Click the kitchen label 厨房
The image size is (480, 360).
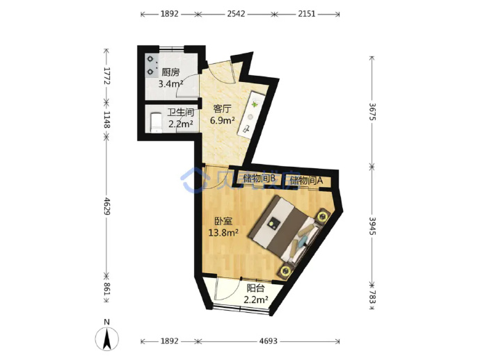(x=170, y=72)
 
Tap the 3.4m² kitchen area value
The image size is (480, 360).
(x=170, y=83)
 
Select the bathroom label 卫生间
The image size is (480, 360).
(x=180, y=113)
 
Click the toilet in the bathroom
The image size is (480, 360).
(x=156, y=122)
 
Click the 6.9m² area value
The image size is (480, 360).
(x=222, y=120)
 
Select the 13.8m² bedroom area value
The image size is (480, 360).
(x=223, y=233)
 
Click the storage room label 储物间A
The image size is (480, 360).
(x=306, y=180)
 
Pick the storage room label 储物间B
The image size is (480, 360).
(x=260, y=178)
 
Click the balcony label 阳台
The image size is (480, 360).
(x=255, y=288)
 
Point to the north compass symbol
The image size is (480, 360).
(x=107, y=338)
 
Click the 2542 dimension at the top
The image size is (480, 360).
(x=236, y=14)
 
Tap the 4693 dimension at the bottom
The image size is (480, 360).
(x=268, y=341)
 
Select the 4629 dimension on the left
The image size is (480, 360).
(x=106, y=206)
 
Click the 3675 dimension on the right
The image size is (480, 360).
(x=372, y=112)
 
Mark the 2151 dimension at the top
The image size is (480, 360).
(x=306, y=14)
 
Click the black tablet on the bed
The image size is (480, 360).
(x=273, y=222)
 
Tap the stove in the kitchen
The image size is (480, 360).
(x=151, y=65)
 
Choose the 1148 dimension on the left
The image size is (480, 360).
(x=106, y=120)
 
